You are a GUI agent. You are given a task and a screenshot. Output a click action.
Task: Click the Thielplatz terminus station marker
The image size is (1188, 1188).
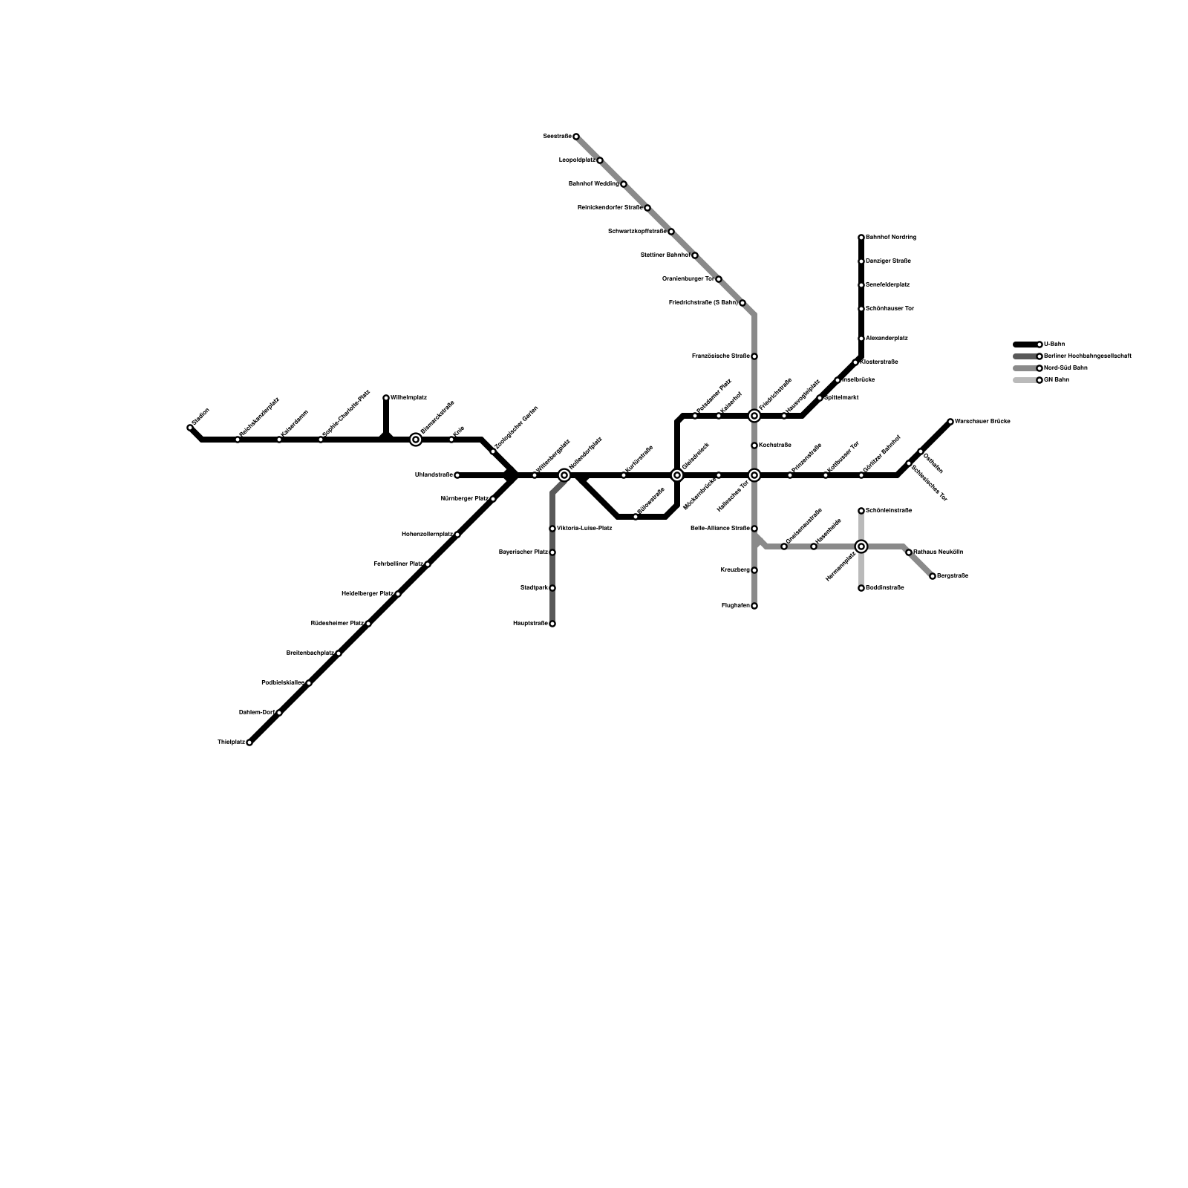(x=249, y=742)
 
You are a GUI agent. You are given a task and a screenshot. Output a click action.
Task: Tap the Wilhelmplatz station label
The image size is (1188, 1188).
(x=408, y=398)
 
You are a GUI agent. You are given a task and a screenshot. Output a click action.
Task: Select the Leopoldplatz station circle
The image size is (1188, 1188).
(x=600, y=160)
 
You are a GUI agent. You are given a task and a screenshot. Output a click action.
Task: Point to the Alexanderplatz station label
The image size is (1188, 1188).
(x=887, y=339)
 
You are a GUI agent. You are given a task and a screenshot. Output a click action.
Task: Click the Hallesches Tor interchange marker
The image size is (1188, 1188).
(x=754, y=475)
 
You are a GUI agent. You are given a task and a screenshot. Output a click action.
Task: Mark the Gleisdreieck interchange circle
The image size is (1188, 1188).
(x=677, y=475)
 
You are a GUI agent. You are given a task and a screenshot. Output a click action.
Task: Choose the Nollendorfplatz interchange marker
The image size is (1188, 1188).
(x=564, y=475)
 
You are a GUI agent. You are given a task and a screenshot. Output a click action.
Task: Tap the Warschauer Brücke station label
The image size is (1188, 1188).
(x=982, y=422)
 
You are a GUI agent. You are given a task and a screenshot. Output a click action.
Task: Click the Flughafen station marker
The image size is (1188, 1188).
(x=754, y=606)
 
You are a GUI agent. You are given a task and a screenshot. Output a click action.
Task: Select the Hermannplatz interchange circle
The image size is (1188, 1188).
(x=861, y=546)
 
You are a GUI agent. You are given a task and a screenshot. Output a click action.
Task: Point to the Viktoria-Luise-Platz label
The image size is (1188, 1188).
(x=584, y=529)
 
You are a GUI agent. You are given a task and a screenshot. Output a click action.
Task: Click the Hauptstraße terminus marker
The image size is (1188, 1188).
(x=552, y=624)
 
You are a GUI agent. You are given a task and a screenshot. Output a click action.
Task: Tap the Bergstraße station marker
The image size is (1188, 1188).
(x=933, y=576)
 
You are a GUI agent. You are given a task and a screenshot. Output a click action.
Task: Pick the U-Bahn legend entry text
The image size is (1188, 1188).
(x=1054, y=345)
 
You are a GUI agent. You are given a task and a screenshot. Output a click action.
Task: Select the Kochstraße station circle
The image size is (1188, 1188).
(x=754, y=446)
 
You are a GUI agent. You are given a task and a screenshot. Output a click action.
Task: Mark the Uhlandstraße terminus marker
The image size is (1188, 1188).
(x=457, y=475)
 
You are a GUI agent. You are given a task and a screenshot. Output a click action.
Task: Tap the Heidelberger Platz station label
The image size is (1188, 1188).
(x=367, y=594)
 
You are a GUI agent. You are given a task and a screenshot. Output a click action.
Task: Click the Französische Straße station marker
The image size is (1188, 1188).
(x=754, y=356)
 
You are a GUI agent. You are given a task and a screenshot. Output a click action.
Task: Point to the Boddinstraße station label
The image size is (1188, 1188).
(x=885, y=588)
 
